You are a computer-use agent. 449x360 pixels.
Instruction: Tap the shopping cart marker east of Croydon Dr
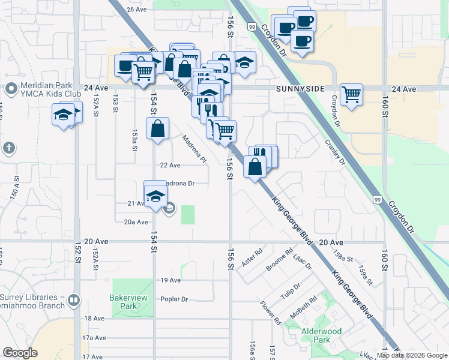click(x=351, y=94)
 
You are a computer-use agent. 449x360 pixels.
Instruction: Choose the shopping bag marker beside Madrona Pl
click(x=157, y=129)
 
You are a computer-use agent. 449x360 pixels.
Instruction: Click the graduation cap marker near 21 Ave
click(x=155, y=195)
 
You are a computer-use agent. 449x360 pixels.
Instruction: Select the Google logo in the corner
click(x=20, y=353)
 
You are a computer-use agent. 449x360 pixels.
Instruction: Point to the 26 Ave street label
click(x=137, y=10)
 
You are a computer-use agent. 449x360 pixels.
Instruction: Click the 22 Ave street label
click(x=170, y=165)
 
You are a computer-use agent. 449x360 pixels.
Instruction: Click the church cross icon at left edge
click(x=8, y=148)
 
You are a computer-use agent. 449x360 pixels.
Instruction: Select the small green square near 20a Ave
click(x=188, y=214)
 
